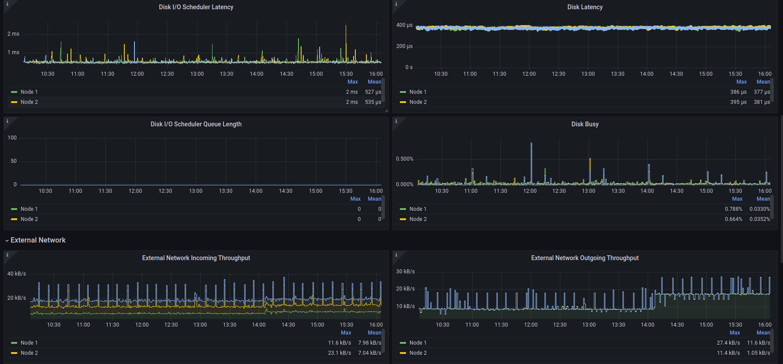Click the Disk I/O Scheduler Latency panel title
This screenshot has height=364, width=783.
click(196, 7)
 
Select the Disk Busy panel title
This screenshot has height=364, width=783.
click(585, 124)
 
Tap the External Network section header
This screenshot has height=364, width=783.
click(38, 240)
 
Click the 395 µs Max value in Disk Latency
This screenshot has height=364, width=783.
click(738, 102)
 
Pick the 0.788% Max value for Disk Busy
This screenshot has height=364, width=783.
click(733, 209)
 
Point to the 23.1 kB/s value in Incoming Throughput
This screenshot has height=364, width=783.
click(339, 353)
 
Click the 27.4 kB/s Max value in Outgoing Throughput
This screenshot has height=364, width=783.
click(728, 343)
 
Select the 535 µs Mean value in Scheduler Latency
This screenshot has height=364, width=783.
click(373, 102)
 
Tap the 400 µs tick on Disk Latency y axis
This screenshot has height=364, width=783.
click(404, 25)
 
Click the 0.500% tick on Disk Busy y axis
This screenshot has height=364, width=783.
click(404, 159)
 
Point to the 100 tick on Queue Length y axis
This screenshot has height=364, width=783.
click(12, 138)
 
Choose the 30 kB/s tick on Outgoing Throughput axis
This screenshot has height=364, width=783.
click(405, 272)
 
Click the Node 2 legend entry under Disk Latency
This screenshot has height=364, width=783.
click(418, 102)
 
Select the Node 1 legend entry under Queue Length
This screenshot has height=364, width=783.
click(29, 209)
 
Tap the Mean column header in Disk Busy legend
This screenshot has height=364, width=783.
click(763, 199)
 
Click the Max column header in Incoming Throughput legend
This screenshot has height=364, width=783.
click(346, 333)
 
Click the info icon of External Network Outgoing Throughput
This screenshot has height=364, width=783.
click(396, 255)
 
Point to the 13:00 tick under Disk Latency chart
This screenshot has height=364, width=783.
click(588, 74)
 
